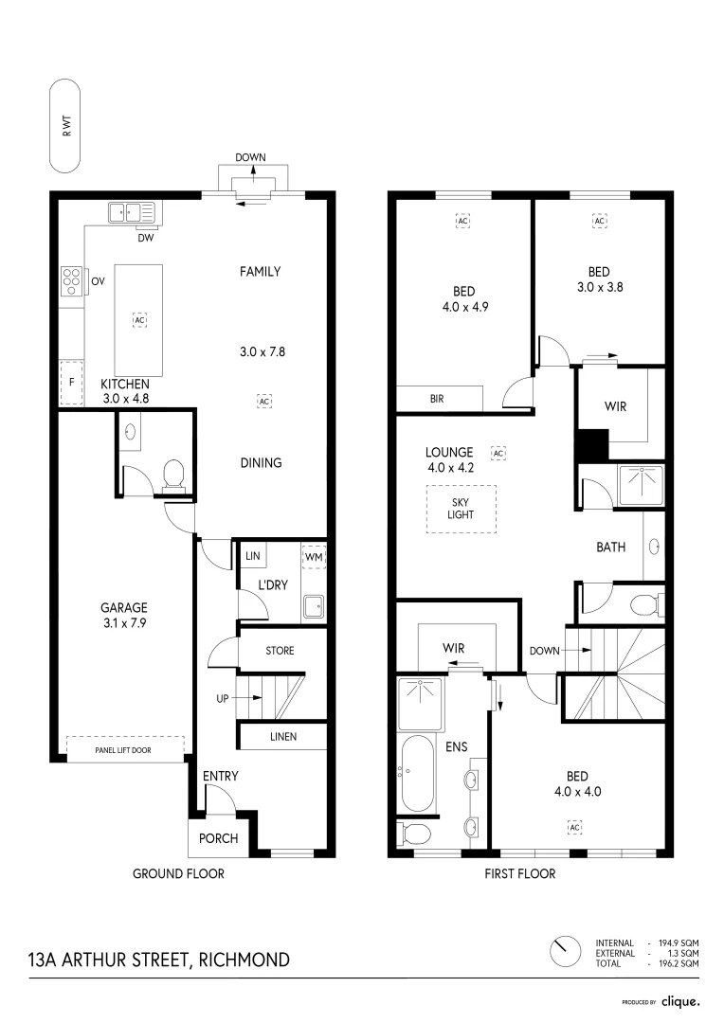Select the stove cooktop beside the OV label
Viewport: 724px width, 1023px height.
click(71, 279)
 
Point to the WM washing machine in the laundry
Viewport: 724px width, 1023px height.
click(313, 557)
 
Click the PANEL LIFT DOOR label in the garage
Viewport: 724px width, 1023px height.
click(126, 749)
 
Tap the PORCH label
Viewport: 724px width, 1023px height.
click(217, 838)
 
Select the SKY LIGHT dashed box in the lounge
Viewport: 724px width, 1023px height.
click(461, 509)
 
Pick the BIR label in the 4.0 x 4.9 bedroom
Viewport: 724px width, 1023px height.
click(437, 400)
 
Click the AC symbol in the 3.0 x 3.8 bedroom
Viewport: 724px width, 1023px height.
click(599, 222)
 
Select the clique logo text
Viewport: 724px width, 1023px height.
click(679, 1001)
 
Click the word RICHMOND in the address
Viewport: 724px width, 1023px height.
click(244, 960)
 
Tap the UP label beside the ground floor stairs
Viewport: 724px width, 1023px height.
click(224, 699)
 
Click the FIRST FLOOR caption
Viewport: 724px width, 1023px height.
click(519, 873)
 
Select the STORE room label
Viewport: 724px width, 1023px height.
click(280, 651)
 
